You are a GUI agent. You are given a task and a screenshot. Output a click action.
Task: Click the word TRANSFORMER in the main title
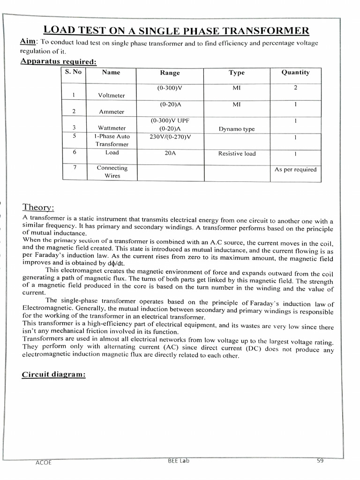(271, 31)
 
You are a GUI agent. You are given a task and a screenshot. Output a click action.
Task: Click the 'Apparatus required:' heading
(59, 61)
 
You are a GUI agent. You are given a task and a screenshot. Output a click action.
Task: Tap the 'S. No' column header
(74, 72)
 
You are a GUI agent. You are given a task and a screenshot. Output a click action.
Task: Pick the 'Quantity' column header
(295, 72)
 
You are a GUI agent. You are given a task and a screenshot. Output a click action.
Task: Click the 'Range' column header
(170, 73)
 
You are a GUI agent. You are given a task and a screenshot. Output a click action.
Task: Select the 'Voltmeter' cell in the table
(112, 95)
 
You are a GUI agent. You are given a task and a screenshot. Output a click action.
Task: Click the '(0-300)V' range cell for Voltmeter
(170, 88)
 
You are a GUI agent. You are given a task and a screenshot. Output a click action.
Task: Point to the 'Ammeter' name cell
(112, 112)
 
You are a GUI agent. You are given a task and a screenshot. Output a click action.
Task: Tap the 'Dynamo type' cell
(237, 129)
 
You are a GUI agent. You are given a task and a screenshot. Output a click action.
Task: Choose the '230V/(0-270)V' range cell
(170, 137)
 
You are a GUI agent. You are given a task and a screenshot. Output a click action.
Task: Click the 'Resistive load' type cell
(237, 153)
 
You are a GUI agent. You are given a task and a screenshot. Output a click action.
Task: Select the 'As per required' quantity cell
(295, 169)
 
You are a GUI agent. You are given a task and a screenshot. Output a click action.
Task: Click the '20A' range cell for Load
(170, 153)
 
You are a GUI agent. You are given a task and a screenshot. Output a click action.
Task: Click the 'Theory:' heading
(38, 207)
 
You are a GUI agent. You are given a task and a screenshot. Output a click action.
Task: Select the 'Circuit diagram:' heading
(53, 375)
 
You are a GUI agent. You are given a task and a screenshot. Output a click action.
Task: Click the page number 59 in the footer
(320, 461)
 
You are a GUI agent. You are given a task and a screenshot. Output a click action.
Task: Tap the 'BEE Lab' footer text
(179, 461)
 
